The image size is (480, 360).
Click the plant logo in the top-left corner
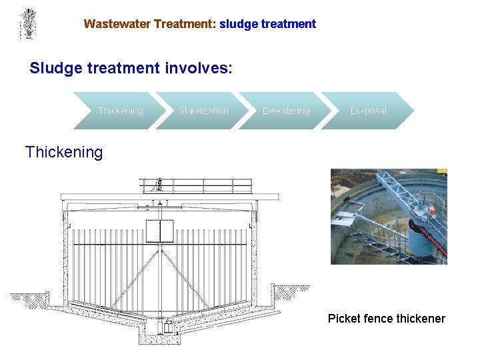[27, 23]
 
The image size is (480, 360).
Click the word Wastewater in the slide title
[117, 24]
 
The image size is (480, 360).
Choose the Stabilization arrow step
[203, 111]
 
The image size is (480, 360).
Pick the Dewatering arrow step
[286, 111]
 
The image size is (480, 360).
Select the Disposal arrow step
[368, 111]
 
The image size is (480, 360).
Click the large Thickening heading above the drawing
[64, 152]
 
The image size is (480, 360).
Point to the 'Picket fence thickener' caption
[386, 319]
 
